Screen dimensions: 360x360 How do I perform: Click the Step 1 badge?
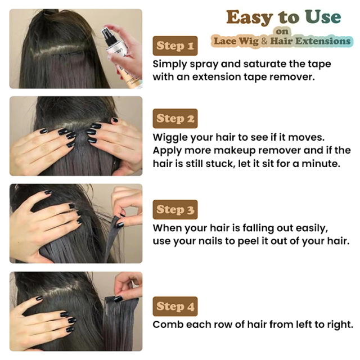tap(175, 46)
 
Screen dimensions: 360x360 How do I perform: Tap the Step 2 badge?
tap(175, 119)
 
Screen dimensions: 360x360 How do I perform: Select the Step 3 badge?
tap(175, 209)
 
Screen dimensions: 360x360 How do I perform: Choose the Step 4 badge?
tap(175, 306)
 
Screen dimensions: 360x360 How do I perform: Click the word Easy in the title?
tap(250, 17)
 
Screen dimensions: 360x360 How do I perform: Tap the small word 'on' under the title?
tap(282, 31)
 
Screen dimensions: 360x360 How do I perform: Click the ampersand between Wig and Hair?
tap(264, 41)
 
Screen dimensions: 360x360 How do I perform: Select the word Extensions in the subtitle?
tap(323, 41)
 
